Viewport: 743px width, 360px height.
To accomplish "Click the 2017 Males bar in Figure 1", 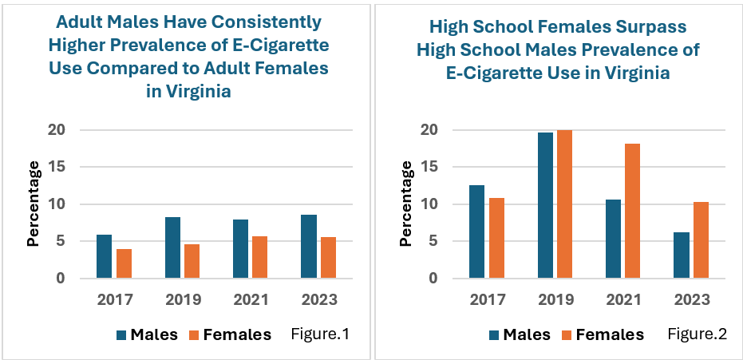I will (x=104, y=256).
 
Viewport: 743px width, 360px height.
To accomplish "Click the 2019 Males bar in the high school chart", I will (x=545, y=205).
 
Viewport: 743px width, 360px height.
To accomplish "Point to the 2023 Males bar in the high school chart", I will (x=682, y=255).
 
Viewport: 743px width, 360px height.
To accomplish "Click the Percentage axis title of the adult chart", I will (x=34, y=204).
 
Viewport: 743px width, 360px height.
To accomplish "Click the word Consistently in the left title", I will (x=255, y=20).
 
